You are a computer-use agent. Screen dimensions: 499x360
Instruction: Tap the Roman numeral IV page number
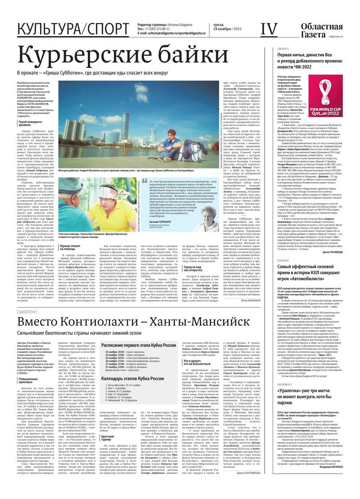click(x=269, y=29)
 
